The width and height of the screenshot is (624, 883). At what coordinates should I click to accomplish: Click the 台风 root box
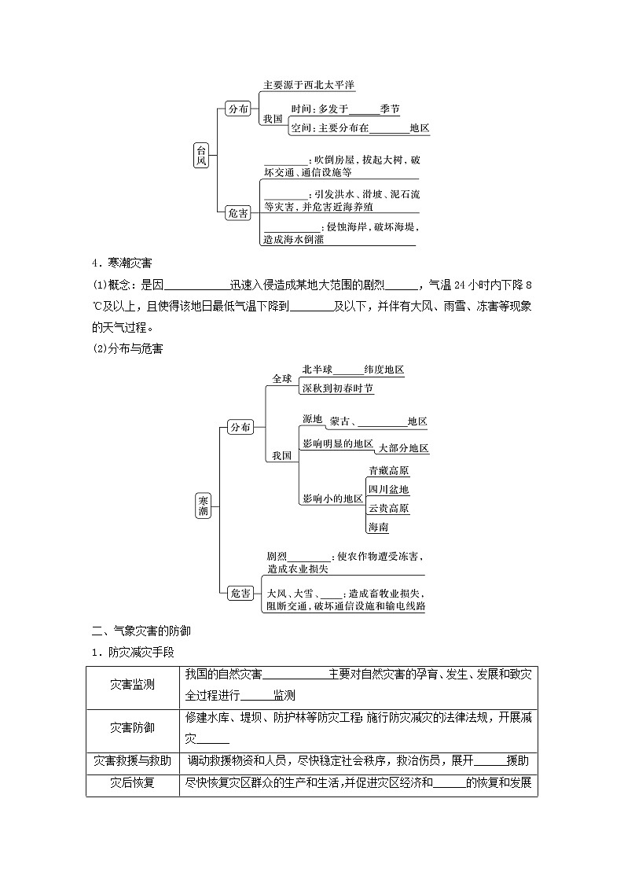tap(202, 155)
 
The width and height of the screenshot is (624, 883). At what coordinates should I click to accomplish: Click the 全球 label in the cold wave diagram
tap(281, 378)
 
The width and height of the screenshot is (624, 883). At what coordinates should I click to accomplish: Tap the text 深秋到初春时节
tap(338, 389)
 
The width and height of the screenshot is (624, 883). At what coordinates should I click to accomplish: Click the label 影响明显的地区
tap(337, 443)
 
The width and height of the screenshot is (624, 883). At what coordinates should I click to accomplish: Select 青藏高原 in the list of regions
tap(389, 471)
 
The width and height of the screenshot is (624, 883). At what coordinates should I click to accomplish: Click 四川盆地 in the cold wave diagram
tap(389, 489)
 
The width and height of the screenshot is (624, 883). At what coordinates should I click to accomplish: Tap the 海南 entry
tap(379, 526)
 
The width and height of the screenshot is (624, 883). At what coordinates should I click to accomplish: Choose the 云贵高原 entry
tap(389, 508)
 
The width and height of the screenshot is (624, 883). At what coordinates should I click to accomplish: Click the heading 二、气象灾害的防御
tap(141, 630)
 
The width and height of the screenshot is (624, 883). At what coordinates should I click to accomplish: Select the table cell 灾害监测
tap(132, 684)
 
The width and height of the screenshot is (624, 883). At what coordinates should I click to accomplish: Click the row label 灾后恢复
tap(132, 783)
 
